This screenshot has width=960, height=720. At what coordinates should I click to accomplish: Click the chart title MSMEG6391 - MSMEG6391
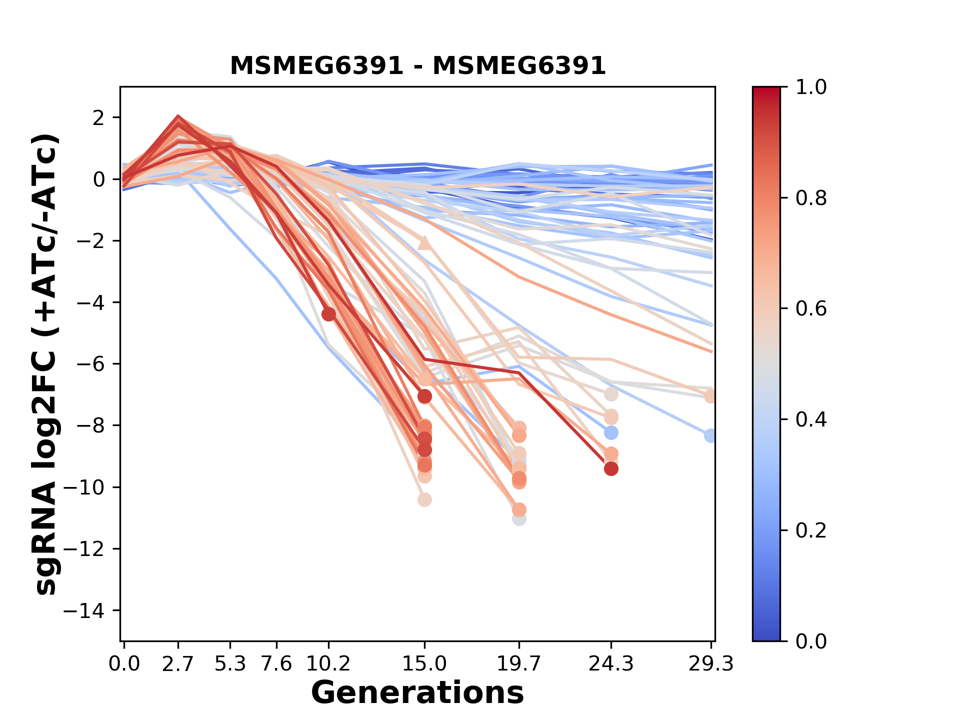pyautogui.click(x=417, y=66)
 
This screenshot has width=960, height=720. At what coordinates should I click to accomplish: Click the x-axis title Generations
pyautogui.click(x=417, y=693)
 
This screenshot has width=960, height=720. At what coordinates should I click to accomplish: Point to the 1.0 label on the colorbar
pyautogui.click(x=811, y=87)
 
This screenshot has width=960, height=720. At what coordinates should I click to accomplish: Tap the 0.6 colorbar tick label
pyautogui.click(x=811, y=309)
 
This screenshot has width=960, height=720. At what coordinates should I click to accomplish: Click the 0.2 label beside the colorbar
pyautogui.click(x=811, y=530)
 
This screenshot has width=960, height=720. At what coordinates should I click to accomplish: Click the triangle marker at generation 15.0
pyautogui.click(x=424, y=243)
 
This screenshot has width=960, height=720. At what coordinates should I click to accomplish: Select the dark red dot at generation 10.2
pyautogui.click(x=328, y=314)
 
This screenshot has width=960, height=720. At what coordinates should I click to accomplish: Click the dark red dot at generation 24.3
pyautogui.click(x=611, y=469)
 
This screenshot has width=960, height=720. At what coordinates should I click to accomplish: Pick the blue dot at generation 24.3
pyautogui.click(x=611, y=432)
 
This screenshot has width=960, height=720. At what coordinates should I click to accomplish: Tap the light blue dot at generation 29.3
pyautogui.click(x=710, y=435)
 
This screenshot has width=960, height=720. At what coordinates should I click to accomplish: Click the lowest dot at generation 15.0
pyautogui.click(x=424, y=499)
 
